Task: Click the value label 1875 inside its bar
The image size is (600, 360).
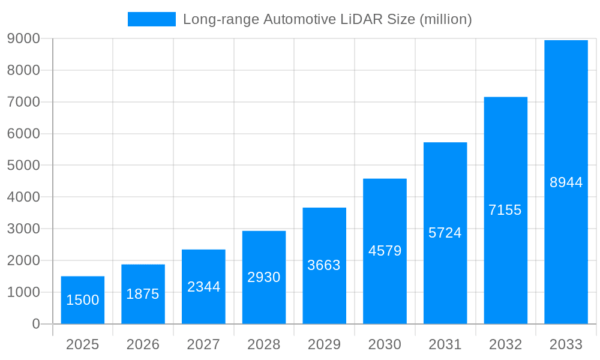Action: point(143,294)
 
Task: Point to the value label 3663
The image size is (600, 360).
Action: point(324,265)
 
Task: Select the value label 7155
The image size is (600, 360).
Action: point(505,210)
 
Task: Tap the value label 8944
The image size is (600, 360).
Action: point(566,182)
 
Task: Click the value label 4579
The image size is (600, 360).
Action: point(385,251)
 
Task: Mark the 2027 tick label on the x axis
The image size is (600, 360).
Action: point(203,345)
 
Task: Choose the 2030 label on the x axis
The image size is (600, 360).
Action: point(385,345)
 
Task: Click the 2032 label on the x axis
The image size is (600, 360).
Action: point(505,345)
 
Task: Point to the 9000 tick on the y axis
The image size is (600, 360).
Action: point(23,38)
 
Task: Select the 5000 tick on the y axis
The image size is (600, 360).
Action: point(23,166)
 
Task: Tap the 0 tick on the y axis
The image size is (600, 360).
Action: point(35,324)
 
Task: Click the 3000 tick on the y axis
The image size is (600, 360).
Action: point(23,229)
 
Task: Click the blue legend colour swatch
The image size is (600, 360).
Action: point(152,19)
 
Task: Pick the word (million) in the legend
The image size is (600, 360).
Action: point(446,19)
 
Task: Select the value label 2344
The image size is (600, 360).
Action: point(203,287)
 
